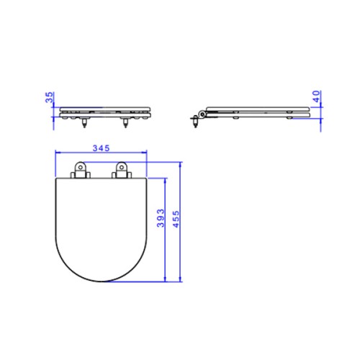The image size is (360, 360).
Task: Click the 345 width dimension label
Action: (101, 148)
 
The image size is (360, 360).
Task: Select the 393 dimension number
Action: (161, 218)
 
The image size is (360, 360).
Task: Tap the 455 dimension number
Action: (176, 219)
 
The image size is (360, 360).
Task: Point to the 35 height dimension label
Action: (50, 97)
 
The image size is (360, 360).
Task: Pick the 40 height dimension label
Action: (316, 96)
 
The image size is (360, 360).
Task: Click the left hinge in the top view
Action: (81, 171)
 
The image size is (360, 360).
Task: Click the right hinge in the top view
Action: (122, 171)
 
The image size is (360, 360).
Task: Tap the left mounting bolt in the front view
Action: (84, 122)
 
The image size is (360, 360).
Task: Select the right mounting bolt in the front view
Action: (125, 122)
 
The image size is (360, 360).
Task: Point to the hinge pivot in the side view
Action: (202, 114)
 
